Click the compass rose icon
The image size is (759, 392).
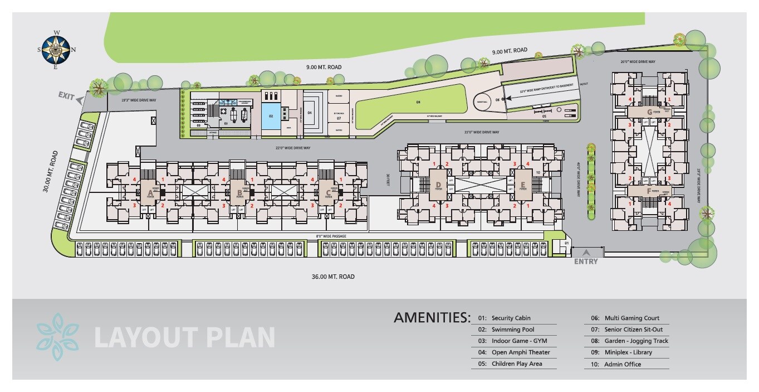tap(55, 50)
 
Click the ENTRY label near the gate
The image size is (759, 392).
tap(585, 261)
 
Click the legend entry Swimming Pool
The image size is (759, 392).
tap(513, 330)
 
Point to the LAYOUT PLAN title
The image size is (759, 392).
tap(184, 337)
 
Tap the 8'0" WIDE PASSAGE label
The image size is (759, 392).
tap(331, 236)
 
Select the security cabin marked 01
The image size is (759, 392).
tap(566, 244)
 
